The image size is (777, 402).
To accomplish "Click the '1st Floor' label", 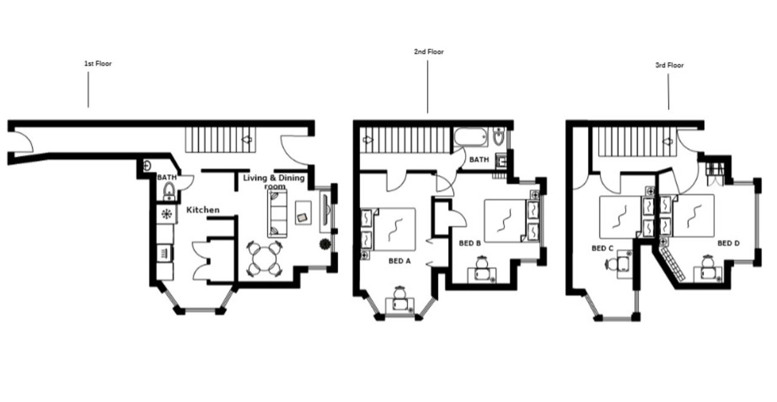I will tap(98, 63).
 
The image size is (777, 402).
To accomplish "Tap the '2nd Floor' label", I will tap(429, 52).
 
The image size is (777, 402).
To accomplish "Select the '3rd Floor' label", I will tap(669, 65).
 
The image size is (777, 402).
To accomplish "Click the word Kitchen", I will tap(203, 210).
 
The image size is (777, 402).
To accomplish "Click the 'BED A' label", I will tap(400, 261).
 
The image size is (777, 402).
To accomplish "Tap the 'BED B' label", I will tap(470, 243).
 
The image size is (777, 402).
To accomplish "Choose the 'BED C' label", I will tap(603, 248).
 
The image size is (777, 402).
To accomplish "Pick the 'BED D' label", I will tap(728, 243).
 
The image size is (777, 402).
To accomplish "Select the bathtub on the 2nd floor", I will tap(469, 138).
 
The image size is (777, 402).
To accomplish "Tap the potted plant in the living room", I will tap(325, 244).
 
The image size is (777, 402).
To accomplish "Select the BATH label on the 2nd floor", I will tap(479, 160).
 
